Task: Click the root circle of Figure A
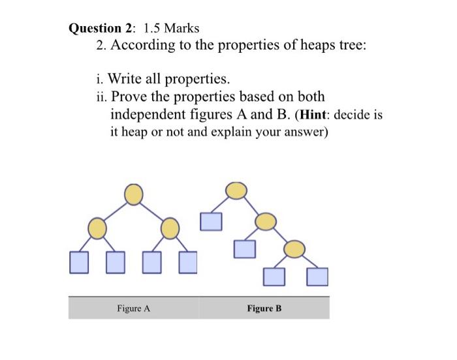pyautogui.click(x=133, y=194)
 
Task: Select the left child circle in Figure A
pyautogui.click(x=97, y=228)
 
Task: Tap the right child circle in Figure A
pyautogui.click(x=170, y=228)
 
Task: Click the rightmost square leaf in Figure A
pyautogui.click(x=188, y=262)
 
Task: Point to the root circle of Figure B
pyautogui.click(x=236, y=190)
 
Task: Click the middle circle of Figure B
pyautogui.click(x=265, y=221)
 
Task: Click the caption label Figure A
pyautogui.click(x=133, y=308)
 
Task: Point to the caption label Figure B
pyautogui.click(x=264, y=308)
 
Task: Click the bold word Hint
pyautogui.click(x=315, y=115)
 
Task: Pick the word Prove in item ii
pyautogui.click(x=128, y=97)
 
